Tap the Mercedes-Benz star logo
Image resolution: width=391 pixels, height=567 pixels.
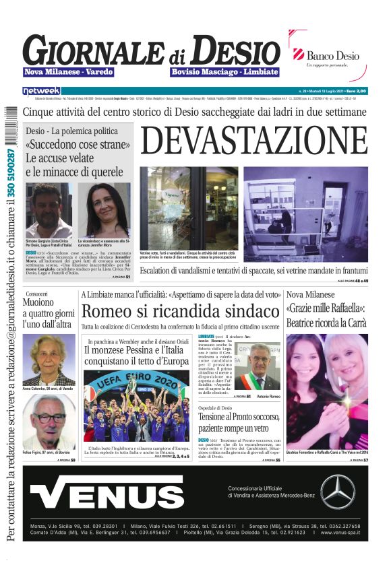[338, 492]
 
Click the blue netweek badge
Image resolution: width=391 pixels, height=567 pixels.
[42, 90]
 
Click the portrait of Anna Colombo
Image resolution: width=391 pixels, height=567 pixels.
[49, 359]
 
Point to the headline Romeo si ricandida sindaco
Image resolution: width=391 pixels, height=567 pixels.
[180, 311]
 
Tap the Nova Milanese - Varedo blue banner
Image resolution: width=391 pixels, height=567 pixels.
[69, 72]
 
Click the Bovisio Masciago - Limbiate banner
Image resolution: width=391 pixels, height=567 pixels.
[224, 72]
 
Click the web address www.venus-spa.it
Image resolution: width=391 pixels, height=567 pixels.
[332, 532]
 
